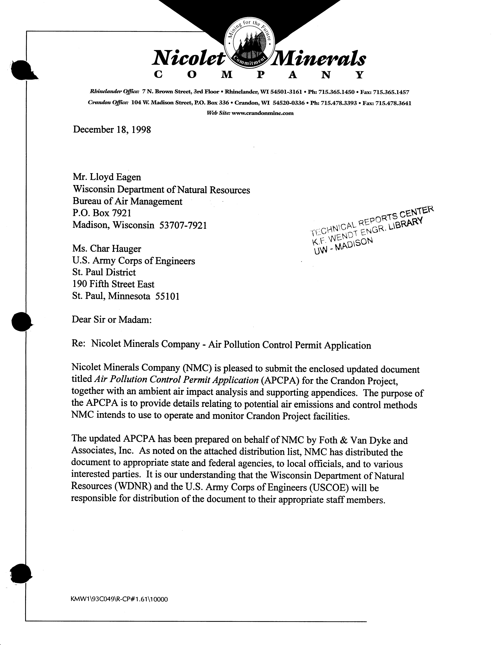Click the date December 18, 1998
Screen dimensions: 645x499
pyautogui.click(x=112, y=130)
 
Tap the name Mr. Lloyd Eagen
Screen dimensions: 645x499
pyautogui.click(x=107, y=177)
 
